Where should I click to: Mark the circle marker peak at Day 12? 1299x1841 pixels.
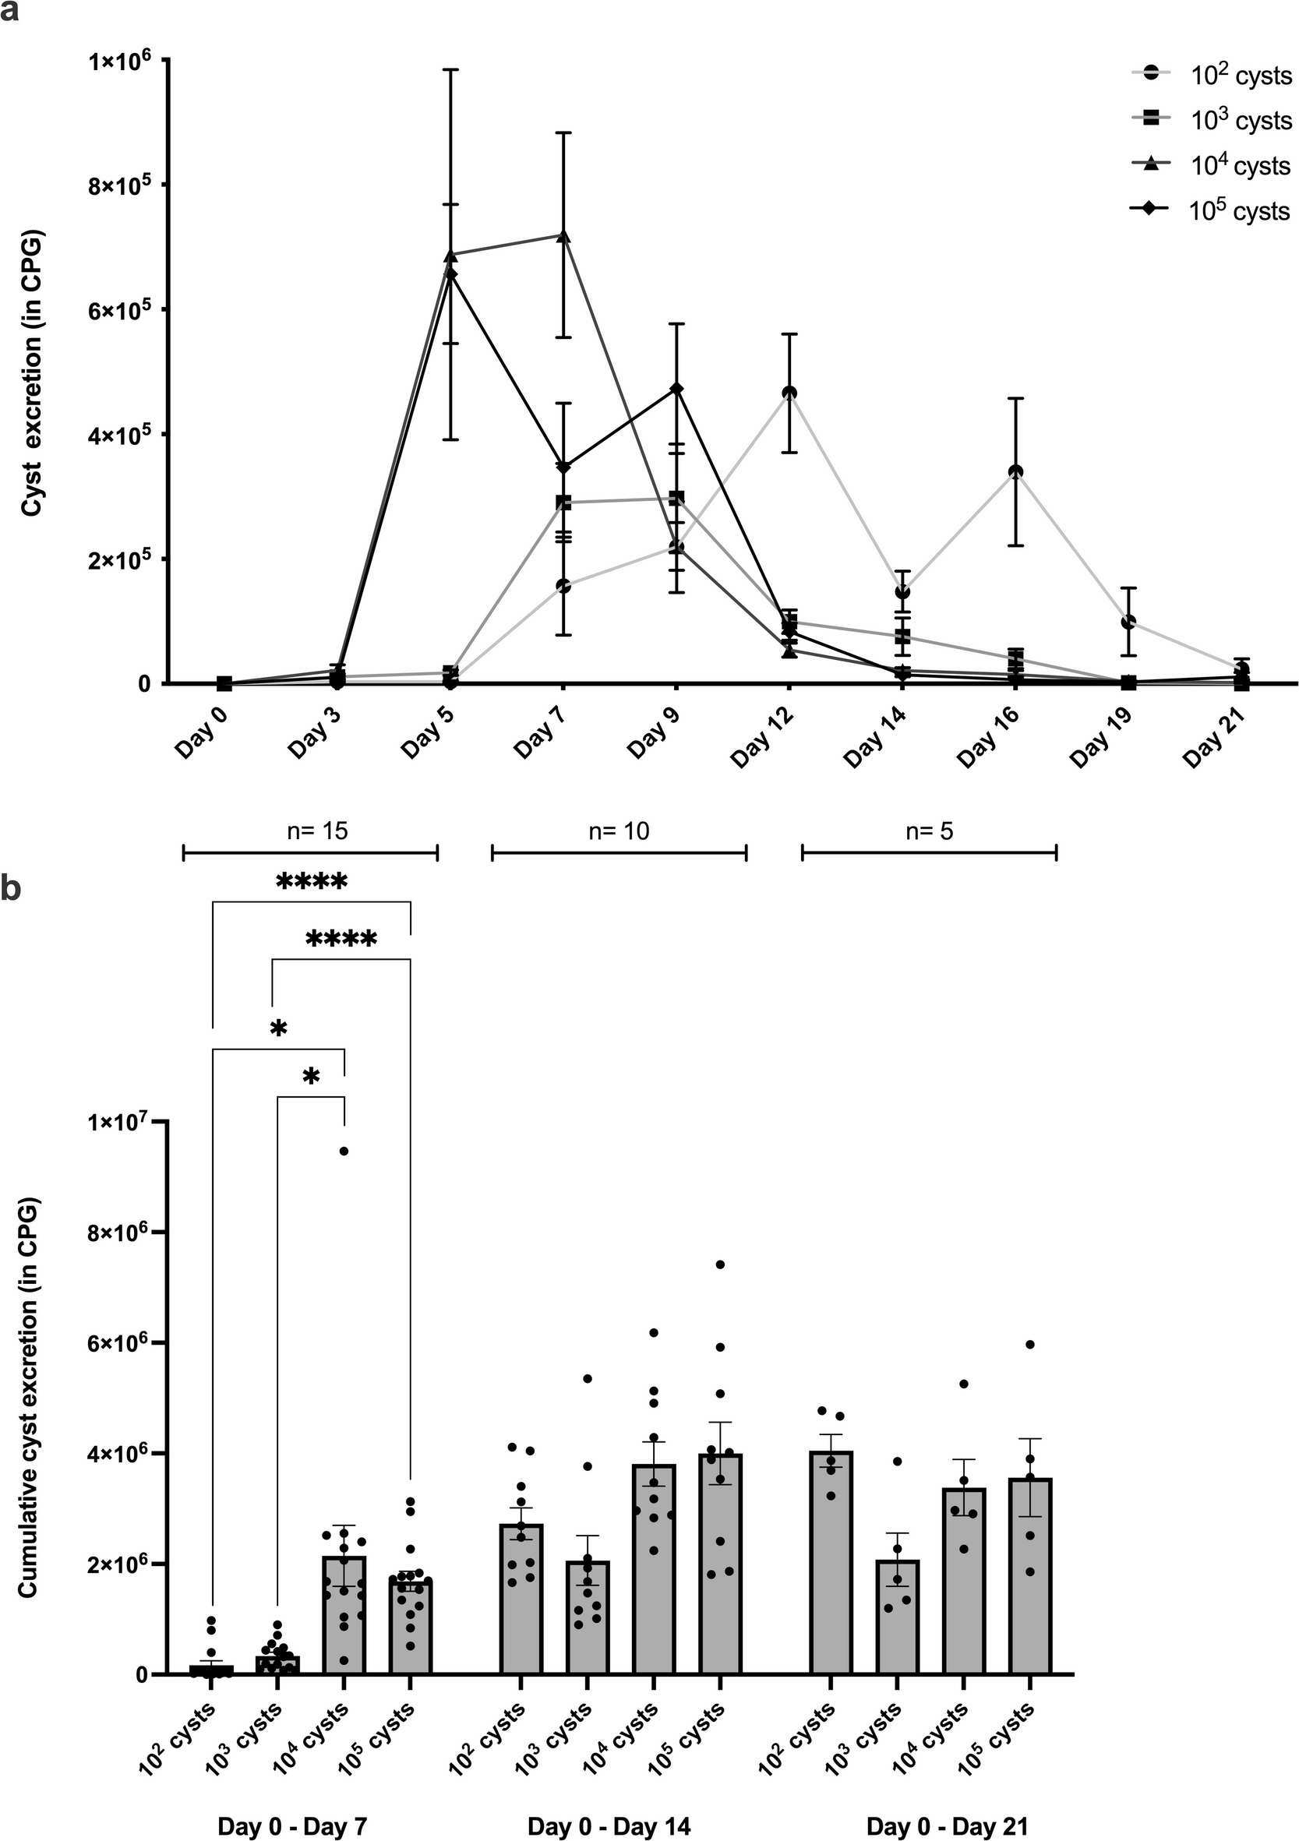point(790,393)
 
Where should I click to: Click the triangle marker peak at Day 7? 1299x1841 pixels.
point(563,236)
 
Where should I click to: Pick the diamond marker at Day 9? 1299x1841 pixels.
point(676,389)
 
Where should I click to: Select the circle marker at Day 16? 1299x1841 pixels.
point(1016,471)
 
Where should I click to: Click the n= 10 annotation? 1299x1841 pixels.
point(618,831)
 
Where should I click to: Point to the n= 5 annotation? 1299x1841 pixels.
point(929,831)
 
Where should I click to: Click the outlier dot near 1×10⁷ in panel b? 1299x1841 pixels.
point(344,1151)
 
